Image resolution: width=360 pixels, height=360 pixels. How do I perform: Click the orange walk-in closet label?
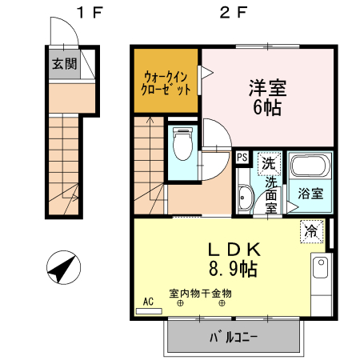[x=166, y=83]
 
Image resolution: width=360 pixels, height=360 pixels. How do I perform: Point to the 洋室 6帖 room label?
[x=266, y=96]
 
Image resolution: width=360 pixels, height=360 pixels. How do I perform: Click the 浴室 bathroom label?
[x=310, y=193]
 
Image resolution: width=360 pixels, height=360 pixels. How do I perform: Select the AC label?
[x=148, y=301]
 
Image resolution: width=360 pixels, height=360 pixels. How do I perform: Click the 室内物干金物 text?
[x=200, y=293]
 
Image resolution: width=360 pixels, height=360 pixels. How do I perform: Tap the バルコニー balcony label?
[x=234, y=337]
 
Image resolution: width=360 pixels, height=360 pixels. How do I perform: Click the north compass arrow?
[x=62, y=266]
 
